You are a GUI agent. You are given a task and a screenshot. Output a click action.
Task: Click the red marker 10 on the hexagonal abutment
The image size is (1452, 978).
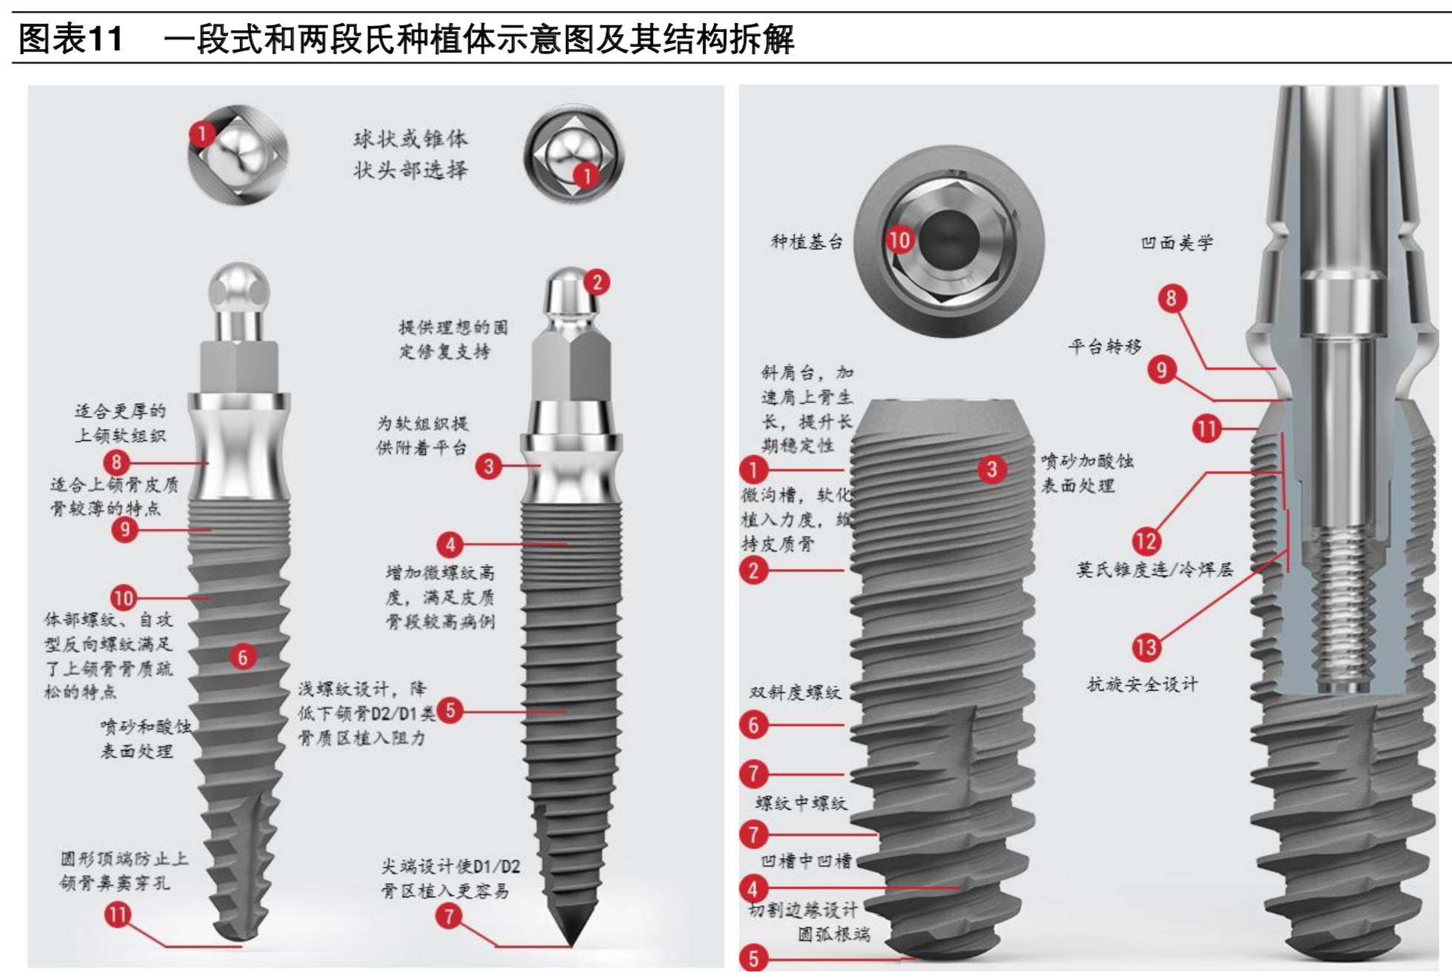pos(899,239)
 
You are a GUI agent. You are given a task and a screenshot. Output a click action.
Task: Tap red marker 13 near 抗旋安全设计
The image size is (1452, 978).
pos(1145,647)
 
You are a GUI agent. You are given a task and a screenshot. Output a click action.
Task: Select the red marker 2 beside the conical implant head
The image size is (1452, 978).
pos(596,282)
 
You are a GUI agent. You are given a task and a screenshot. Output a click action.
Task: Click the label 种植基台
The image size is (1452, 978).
pos(806,242)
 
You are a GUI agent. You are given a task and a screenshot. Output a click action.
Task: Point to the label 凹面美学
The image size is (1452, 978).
pos(1176,242)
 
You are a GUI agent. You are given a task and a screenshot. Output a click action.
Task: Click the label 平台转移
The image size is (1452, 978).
pos(1104,346)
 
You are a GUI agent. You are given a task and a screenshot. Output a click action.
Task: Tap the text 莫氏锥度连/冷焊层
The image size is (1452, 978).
pos(1154,569)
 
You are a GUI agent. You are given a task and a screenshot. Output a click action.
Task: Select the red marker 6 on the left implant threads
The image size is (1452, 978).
pos(242,656)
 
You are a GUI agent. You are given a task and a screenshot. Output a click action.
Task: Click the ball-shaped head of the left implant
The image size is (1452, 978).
pos(239,289)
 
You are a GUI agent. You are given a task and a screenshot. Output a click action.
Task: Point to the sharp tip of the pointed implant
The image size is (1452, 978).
pos(571,941)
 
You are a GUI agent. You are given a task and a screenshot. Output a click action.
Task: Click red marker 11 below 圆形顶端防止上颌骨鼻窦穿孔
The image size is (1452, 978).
pos(118,914)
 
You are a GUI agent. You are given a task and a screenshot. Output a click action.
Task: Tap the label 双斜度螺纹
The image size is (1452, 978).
pos(795,692)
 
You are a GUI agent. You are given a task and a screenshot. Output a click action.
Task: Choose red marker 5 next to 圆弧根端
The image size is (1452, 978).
pos(753,958)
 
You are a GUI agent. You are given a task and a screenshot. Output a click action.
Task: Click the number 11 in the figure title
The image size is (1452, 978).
pos(104,39)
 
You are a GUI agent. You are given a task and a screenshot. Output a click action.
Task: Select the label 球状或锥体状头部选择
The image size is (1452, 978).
pos(410,154)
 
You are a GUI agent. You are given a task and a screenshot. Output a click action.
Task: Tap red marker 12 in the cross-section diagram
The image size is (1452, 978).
pos(1145,541)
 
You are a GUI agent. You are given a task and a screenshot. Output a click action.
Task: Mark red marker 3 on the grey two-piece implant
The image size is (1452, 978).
pos(991,469)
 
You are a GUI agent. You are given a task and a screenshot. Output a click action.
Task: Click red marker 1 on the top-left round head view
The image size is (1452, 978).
pos(202,134)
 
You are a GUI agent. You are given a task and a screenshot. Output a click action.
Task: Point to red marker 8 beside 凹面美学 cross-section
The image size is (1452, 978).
pos(1171,299)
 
